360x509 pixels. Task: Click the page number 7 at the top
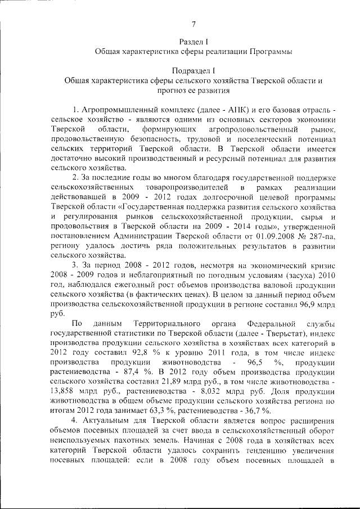(193, 24)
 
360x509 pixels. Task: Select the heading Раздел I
(193, 42)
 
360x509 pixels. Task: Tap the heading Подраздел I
(193, 70)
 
